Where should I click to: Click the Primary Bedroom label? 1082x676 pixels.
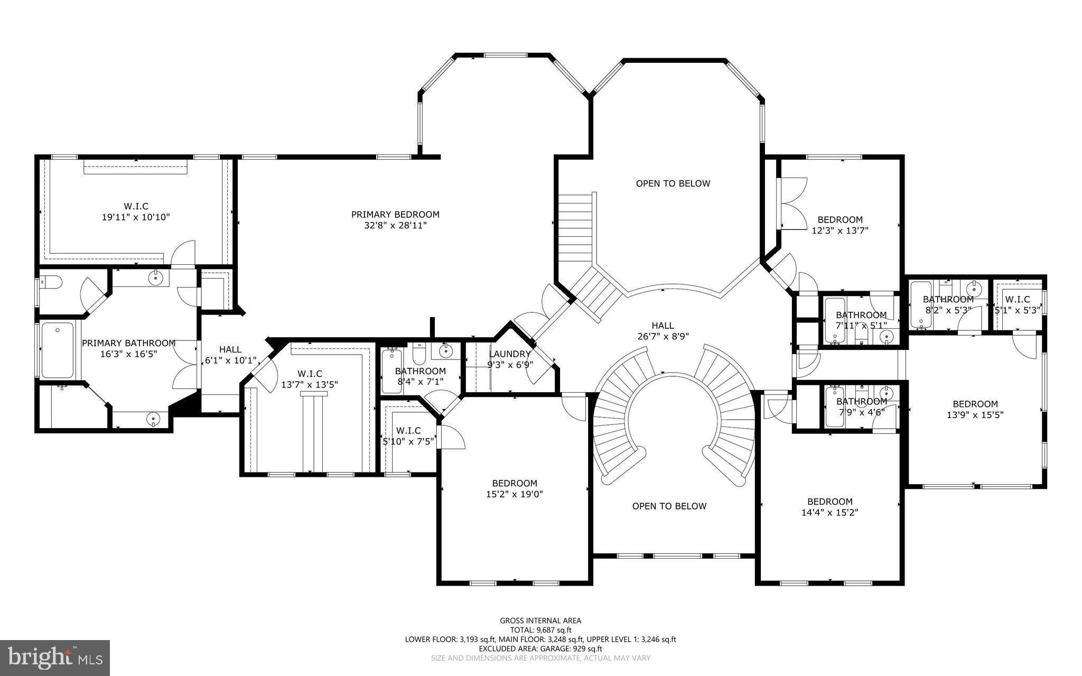point(395,215)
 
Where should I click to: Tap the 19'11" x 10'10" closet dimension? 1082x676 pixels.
point(136,217)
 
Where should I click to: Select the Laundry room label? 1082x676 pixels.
point(510,354)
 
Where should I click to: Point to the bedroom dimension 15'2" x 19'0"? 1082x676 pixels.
point(515,494)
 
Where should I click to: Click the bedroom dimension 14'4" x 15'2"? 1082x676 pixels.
point(829,512)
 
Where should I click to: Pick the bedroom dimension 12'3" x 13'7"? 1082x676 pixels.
point(840,230)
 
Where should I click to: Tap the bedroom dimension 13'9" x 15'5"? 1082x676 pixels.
point(975,415)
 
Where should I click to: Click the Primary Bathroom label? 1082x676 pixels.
point(128,344)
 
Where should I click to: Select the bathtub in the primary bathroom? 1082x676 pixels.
point(58,350)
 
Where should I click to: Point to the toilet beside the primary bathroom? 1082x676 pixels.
point(51,283)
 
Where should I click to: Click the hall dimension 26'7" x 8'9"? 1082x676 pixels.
point(663,336)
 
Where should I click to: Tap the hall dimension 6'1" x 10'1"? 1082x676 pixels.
point(231,360)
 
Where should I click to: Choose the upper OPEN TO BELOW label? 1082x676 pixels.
point(673,183)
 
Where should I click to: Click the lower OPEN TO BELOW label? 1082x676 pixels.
point(669,506)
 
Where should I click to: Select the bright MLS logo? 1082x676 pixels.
point(55,658)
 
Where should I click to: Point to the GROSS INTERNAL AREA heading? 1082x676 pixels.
point(540,621)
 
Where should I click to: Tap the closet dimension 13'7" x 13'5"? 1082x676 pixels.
point(310,385)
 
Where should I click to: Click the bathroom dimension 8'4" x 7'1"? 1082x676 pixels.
point(421,382)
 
